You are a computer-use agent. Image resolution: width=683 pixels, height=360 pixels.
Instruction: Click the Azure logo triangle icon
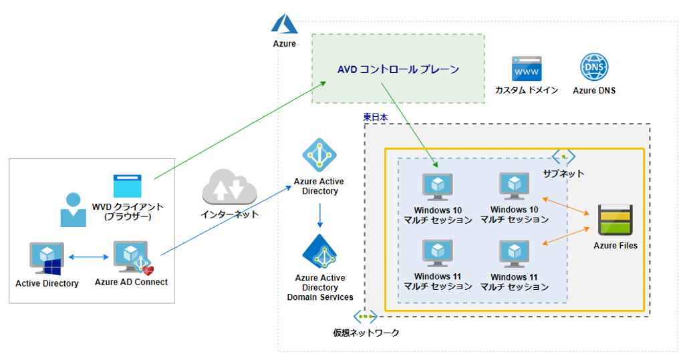click(284, 25)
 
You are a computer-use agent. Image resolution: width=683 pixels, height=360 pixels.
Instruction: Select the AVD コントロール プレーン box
click(398, 69)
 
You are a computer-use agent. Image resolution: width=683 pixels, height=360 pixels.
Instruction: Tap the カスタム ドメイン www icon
click(527, 69)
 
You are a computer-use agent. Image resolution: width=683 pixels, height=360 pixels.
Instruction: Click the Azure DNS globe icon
click(594, 68)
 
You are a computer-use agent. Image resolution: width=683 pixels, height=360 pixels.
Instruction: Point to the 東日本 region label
click(376, 116)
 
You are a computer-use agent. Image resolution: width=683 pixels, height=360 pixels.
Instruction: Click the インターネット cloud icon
click(229, 188)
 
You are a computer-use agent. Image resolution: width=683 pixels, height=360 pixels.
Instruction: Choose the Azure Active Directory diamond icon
click(319, 156)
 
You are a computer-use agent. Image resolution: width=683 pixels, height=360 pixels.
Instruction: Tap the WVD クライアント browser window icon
click(127, 185)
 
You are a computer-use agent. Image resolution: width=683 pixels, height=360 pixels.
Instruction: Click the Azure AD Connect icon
click(132, 258)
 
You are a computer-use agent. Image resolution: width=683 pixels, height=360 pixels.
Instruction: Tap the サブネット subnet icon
click(563, 156)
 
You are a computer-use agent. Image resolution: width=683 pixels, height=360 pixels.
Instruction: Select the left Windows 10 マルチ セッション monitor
click(438, 188)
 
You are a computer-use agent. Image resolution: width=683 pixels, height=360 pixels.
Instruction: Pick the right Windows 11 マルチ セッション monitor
click(515, 254)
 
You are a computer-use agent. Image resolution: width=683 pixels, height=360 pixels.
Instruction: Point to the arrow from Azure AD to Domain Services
click(319, 215)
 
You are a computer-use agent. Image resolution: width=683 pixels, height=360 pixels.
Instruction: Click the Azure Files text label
click(616, 245)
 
